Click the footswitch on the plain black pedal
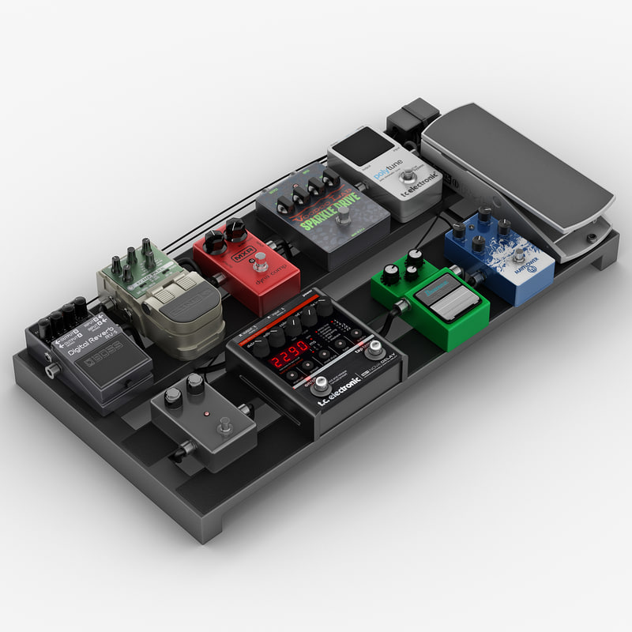(x=224, y=427)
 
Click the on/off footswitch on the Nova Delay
(x=320, y=386)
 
